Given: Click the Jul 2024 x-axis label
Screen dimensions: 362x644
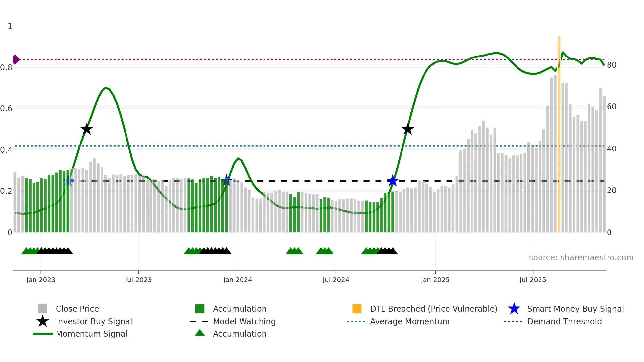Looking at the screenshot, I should pyautogui.click(x=336, y=280).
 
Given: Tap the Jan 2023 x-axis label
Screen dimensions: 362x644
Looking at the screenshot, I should pyautogui.click(x=41, y=280).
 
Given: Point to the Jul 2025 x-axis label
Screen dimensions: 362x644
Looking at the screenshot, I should pyautogui.click(x=533, y=280).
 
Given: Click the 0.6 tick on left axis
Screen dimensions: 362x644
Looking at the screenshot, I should pyautogui.click(x=6, y=108).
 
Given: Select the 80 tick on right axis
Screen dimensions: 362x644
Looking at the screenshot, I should pyautogui.click(x=612, y=65).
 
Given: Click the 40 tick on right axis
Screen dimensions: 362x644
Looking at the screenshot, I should pyautogui.click(x=612, y=149).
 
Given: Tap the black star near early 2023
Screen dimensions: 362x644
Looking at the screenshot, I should pyautogui.click(x=87, y=129).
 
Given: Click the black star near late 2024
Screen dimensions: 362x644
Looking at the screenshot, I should pyautogui.click(x=408, y=129).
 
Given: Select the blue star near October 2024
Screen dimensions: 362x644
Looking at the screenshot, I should pyautogui.click(x=393, y=181).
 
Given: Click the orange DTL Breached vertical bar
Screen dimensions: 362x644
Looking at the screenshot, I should pyautogui.click(x=559, y=131).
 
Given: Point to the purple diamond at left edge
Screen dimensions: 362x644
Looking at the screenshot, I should pyautogui.click(x=16, y=59).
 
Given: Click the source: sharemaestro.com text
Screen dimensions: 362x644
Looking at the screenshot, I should pyautogui.click(x=581, y=258).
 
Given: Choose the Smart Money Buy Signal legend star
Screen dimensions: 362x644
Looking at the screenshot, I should pyautogui.click(x=514, y=309).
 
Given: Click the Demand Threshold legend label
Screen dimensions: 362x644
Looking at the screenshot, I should pyautogui.click(x=564, y=321).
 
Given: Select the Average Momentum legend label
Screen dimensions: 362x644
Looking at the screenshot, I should pyautogui.click(x=410, y=321).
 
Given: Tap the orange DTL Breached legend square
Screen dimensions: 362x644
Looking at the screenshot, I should pyautogui.click(x=357, y=309).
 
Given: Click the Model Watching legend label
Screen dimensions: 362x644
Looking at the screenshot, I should pyautogui.click(x=244, y=321).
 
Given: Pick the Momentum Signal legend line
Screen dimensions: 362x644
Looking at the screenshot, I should pyautogui.click(x=43, y=334).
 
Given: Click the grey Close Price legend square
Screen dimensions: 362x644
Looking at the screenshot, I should pyautogui.click(x=43, y=309).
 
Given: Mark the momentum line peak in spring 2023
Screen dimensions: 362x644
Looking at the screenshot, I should pyautogui.click(x=105, y=88).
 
